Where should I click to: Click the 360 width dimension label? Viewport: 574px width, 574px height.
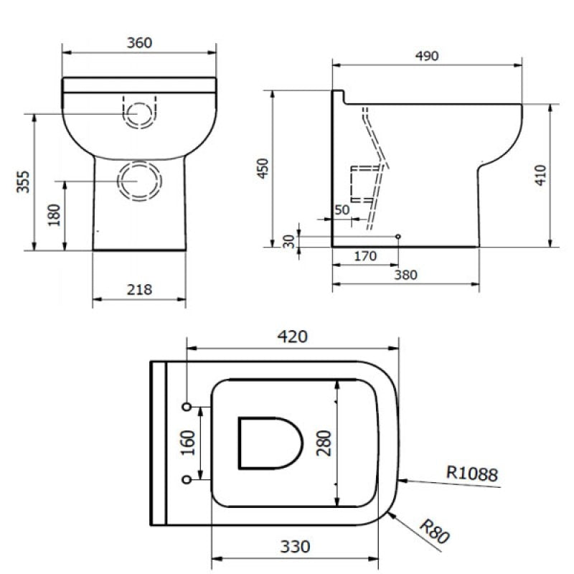(x=139, y=42)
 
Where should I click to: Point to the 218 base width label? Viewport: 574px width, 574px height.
(x=139, y=290)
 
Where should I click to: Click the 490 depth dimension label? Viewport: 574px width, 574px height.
(x=426, y=55)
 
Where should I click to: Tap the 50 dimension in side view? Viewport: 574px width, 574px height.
(x=342, y=209)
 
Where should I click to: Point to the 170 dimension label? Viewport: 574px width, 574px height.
(x=365, y=256)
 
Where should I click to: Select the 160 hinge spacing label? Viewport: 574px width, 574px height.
(x=189, y=443)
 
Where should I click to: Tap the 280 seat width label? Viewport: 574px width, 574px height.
(x=322, y=443)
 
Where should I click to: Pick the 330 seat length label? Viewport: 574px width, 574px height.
(x=295, y=547)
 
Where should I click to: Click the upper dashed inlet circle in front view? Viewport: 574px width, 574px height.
(x=140, y=113)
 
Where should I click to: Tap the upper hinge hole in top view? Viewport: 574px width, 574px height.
(x=188, y=407)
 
